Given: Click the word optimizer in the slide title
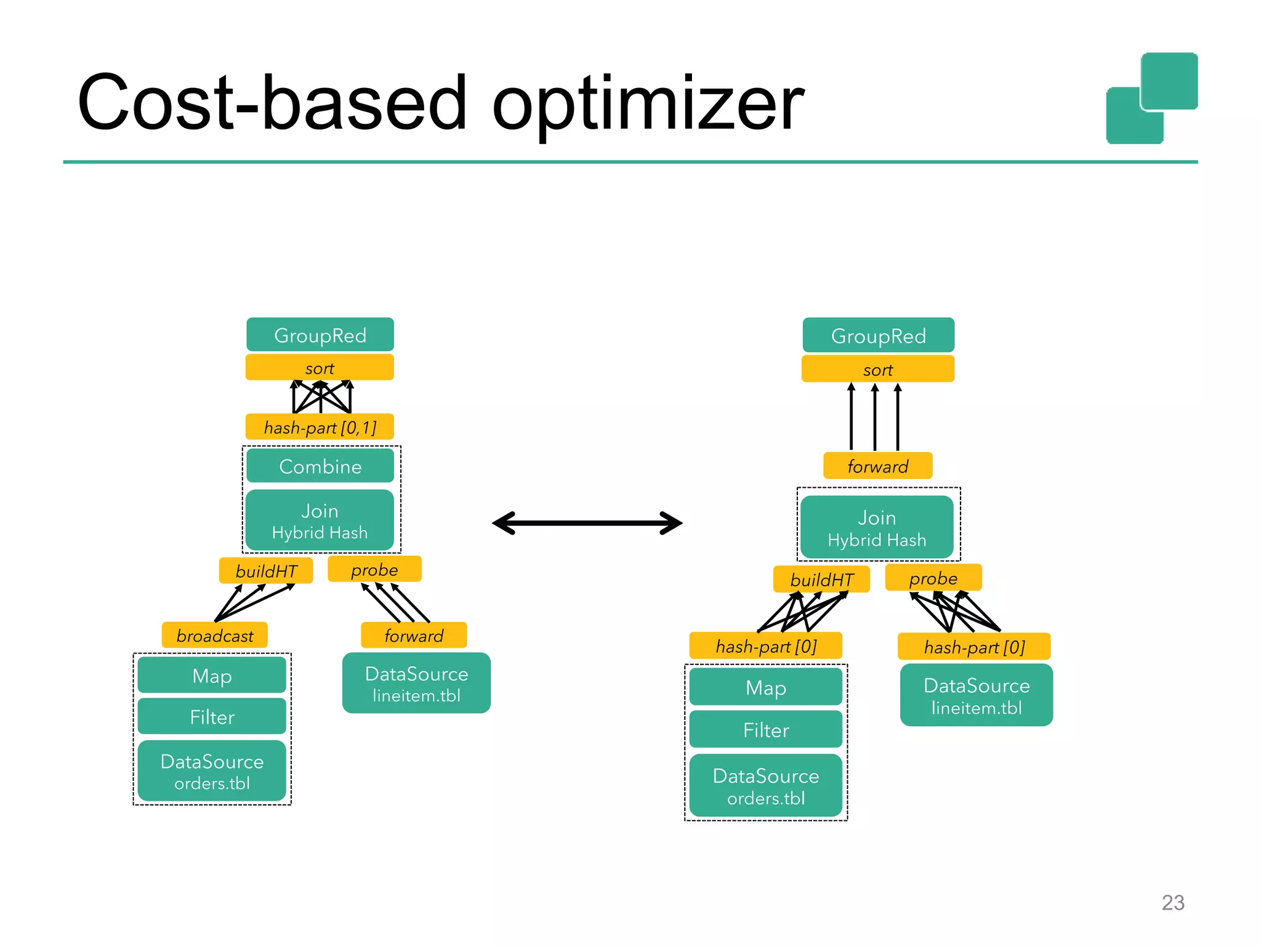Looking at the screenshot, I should click(648, 105).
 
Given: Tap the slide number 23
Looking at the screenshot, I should click(1172, 902).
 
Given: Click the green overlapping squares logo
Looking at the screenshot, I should click(1151, 99).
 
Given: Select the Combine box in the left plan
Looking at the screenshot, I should click(320, 466).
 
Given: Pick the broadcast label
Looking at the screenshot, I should click(214, 635).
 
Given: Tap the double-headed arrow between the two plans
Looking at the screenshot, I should click(587, 523).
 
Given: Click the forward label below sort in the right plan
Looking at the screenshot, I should click(877, 466).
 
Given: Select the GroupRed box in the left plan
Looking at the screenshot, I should click(320, 335).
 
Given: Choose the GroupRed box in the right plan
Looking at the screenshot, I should click(878, 336).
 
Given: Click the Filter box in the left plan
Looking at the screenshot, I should click(212, 717).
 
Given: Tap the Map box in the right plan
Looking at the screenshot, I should click(765, 687).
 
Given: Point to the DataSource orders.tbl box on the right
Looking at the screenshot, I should click(765, 786).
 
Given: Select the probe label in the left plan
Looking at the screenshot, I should click(374, 570).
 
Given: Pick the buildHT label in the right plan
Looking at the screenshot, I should click(821, 580).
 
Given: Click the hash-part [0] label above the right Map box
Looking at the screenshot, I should click(765, 646).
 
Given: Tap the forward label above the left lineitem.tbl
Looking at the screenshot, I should click(414, 635).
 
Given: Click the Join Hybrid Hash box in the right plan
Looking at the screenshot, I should click(877, 528).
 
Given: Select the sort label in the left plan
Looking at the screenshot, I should click(320, 368).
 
